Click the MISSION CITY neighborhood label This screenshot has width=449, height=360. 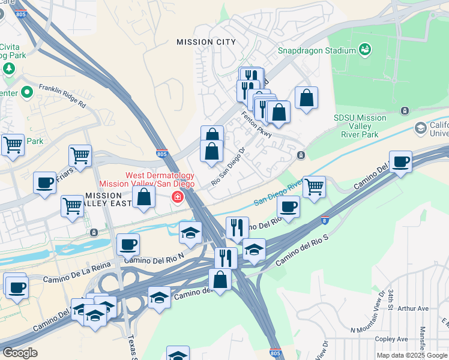click(206, 42)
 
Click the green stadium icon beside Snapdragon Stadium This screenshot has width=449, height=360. click(364, 49)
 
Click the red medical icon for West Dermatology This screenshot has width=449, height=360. click(178, 197)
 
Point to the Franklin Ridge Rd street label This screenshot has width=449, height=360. click(62, 95)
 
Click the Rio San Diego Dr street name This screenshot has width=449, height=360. click(229, 167)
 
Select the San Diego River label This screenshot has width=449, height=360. click(276, 196)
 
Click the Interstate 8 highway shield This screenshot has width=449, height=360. click(324, 220)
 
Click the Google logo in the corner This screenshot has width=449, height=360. click(20, 353)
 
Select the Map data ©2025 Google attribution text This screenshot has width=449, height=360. click(412, 355)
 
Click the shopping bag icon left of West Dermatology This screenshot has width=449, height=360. click(143, 197)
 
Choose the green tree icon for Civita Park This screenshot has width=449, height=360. click(9, 68)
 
